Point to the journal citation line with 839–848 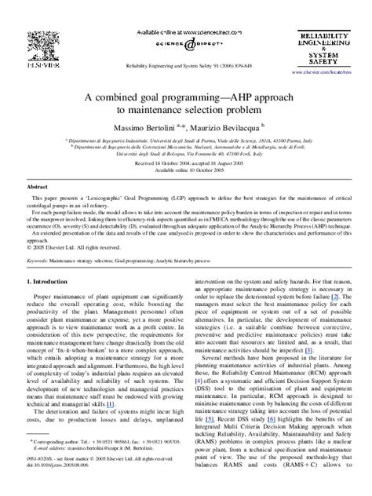click(185, 67)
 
